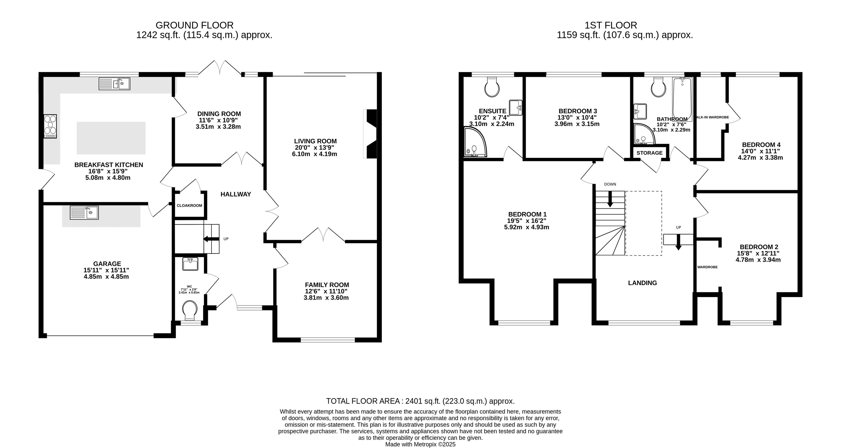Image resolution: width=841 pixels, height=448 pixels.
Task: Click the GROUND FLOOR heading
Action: [x=195, y=25]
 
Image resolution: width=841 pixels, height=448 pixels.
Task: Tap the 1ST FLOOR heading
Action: [x=611, y=25]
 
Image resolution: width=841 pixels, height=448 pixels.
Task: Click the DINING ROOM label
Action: [x=219, y=114]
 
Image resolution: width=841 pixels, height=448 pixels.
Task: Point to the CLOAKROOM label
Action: [x=189, y=206]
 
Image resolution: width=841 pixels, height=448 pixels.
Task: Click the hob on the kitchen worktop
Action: [x=50, y=126]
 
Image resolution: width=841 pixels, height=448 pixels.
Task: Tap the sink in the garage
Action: [x=84, y=213]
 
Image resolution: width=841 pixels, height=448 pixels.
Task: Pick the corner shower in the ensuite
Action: [x=475, y=142]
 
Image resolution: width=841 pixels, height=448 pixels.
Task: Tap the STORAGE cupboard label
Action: [x=649, y=153]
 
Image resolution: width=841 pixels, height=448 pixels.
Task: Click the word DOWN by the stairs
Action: [x=610, y=184]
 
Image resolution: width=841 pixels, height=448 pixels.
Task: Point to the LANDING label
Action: [x=642, y=283]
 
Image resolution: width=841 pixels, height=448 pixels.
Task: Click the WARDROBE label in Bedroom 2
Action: [x=707, y=267]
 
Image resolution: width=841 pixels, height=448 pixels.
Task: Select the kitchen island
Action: [x=111, y=138]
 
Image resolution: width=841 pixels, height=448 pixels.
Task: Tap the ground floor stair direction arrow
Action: [x=211, y=239]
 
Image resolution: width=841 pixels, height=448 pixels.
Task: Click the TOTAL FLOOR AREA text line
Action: [x=420, y=401]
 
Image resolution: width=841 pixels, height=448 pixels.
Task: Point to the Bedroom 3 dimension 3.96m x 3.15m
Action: [x=577, y=124]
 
